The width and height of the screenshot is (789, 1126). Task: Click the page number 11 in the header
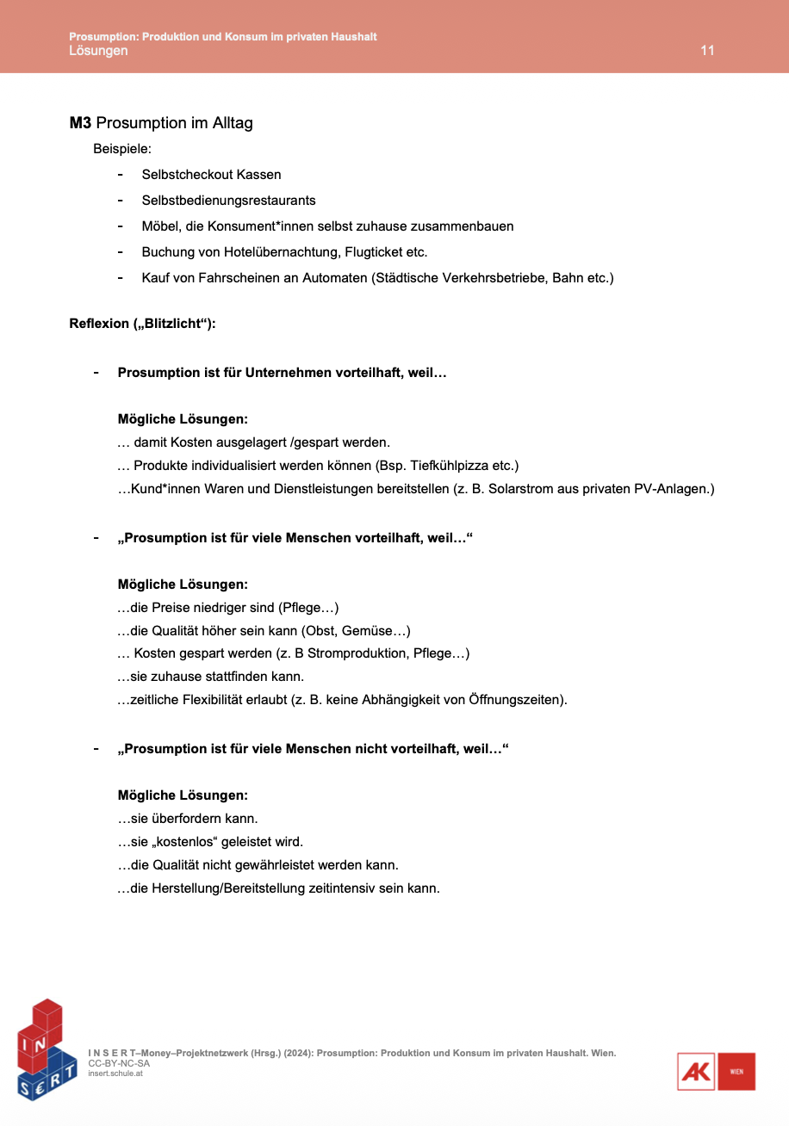(707, 51)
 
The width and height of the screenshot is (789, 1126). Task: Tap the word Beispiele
(121, 149)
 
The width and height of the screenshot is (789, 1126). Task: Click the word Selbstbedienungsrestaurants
(228, 201)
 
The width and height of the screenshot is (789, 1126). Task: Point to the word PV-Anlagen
(674, 489)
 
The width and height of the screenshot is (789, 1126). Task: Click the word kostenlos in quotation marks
(189, 841)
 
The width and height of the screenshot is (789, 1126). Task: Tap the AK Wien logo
(716, 1072)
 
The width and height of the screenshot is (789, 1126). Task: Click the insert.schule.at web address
(115, 1073)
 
